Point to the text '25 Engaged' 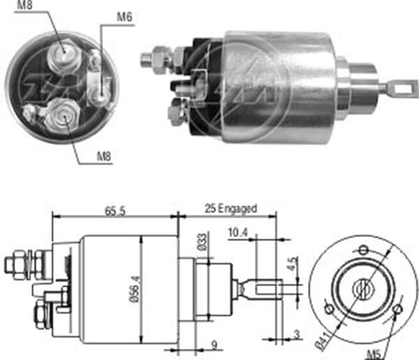pos(230,208)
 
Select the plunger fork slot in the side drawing pos(269,287)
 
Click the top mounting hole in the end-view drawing pos(362,250)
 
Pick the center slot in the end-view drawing pos(363,287)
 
